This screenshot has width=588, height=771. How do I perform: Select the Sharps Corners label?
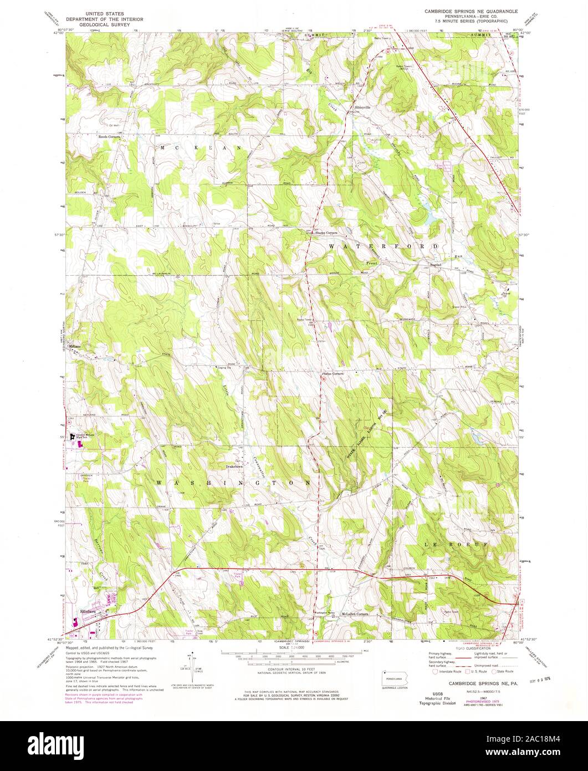[326, 232]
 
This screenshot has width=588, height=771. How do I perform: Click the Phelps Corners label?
[333, 374]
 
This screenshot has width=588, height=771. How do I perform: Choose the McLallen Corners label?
[355, 615]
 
